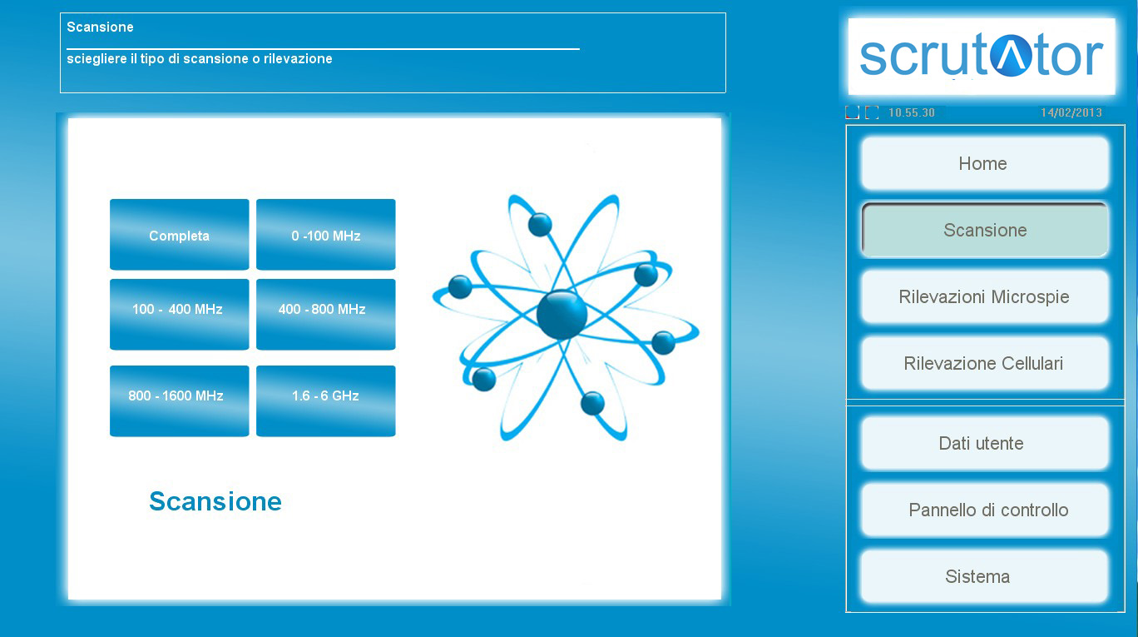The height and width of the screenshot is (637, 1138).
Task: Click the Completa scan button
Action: point(180,234)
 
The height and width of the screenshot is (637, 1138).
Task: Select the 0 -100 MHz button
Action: point(325,234)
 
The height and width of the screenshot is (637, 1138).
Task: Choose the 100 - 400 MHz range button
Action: point(180,314)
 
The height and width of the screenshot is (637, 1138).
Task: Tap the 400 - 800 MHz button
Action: point(325,314)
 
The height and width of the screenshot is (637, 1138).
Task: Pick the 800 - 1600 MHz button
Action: point(180,401)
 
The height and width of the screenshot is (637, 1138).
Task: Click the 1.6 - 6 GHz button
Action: point(325,401)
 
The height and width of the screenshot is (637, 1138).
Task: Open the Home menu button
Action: point(985,164)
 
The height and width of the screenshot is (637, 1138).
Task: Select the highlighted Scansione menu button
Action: point(985,230)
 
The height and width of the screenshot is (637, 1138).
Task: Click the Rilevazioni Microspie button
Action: point(985,296)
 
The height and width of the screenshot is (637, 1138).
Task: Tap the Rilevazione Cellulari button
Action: point(985,363)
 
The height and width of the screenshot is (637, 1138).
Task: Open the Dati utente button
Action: point(985,443)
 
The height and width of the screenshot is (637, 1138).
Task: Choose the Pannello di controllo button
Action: point(985,510)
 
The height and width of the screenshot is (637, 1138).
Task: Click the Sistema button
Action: point(985,576)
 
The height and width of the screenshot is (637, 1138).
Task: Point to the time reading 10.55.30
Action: point(912,113)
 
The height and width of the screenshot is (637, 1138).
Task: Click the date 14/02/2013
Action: point(1071,113)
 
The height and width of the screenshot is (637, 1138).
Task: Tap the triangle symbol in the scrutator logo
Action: point(1011,56)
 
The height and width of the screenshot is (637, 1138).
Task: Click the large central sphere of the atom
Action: point(562,315)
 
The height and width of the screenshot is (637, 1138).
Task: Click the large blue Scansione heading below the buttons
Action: point(215,501)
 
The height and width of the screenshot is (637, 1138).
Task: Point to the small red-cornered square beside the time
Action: point(852,112)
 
